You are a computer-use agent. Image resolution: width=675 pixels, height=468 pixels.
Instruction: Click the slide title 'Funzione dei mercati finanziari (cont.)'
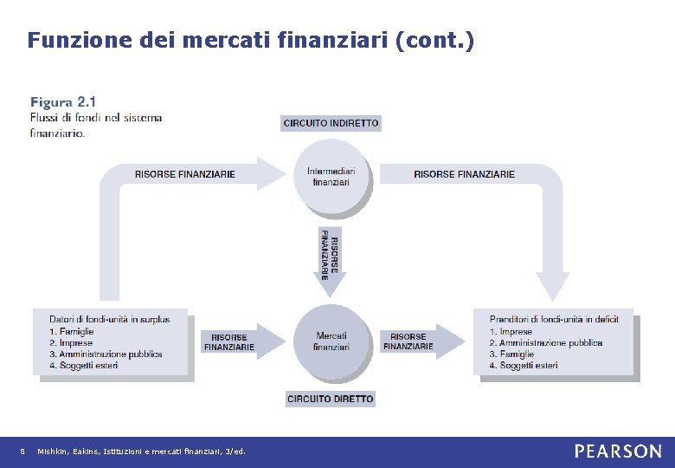[250, 40]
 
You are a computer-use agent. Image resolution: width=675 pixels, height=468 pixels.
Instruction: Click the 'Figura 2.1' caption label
[62, 101]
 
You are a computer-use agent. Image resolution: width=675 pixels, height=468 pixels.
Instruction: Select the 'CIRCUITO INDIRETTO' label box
[331, 123]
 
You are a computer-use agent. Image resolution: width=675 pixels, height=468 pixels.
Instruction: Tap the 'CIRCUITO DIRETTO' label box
[331, 399]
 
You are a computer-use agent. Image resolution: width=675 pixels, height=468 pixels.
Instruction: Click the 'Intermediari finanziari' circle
[331, 177]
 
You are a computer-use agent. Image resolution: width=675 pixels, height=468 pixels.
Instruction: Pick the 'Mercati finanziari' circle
[331, 341]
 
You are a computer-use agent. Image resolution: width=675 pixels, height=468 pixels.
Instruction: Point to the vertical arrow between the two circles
[330, 255]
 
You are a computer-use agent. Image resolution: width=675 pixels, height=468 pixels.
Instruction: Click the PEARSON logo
[617, 452]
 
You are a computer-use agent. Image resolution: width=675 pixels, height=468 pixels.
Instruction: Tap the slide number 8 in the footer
[22, 452]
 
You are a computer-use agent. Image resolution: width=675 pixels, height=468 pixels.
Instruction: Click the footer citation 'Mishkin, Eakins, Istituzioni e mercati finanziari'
[142, 452]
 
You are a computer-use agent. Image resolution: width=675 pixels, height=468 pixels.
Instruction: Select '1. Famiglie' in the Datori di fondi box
[72, 331]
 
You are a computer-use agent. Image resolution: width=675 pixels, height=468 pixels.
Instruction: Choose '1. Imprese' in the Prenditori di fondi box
[511, 331]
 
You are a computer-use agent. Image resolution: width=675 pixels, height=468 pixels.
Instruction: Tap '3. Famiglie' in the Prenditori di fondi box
[511, 354]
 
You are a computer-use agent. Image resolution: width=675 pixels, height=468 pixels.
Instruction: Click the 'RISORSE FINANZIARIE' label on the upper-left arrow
[184, 174]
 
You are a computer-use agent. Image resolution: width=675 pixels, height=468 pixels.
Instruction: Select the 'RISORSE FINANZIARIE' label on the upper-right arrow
[464, 174]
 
